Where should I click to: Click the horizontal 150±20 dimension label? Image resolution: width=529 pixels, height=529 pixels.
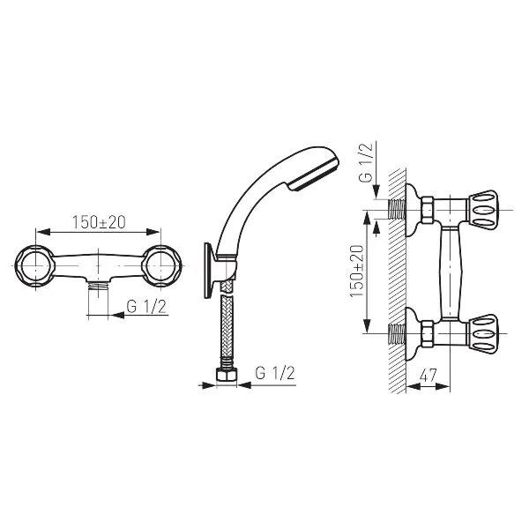click(x=99, y=222)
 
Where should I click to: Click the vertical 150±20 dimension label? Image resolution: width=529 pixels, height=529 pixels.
click(x=356, y=272)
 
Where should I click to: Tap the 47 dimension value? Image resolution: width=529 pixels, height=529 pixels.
click(x=428, y=376)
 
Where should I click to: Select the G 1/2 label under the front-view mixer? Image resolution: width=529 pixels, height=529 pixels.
click(x=146, y=306)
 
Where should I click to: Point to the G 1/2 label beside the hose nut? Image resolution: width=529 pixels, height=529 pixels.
click(x=275, y=373)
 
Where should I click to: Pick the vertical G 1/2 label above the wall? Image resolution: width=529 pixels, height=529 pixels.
click(x=366, y=162)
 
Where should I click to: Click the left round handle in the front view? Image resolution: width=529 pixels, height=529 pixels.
click(x=34, y=266)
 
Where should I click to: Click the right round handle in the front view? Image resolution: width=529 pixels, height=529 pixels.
click(x=161, y=266)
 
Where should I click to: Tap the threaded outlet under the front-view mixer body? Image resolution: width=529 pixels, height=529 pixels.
click(x=98, y=287)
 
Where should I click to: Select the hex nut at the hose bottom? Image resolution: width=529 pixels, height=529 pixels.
click(x=227, y=375)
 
